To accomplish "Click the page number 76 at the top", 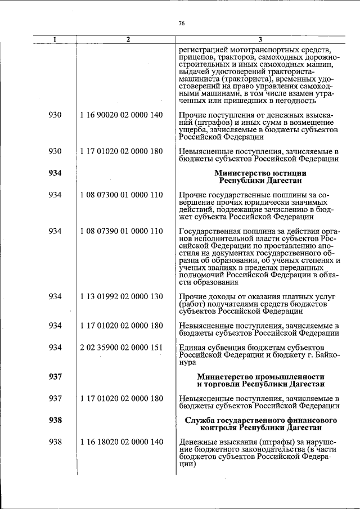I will [181, 23].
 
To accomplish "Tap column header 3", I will [259, 39].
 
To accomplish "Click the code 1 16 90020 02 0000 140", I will [121, 115].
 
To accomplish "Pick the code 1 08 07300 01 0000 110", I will [121, 195].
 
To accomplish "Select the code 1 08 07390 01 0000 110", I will [121, 231].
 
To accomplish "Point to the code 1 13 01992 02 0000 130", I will [121, 296].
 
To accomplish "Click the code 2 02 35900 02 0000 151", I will [121, 347].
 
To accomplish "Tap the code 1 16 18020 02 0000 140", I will [121, 443].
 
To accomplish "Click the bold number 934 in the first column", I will [55, 173].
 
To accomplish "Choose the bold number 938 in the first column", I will [55, 420].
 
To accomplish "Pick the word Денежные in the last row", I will [197, 443].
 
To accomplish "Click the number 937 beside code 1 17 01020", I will [55, 398].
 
